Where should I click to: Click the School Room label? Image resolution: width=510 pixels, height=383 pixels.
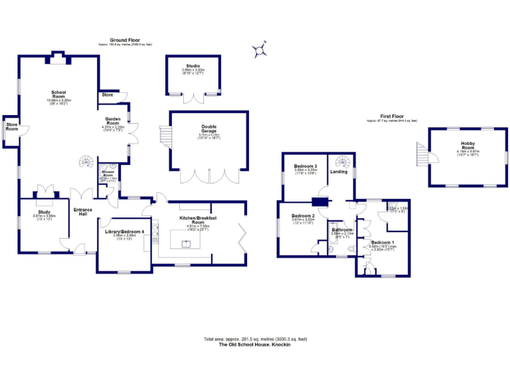(58, 93)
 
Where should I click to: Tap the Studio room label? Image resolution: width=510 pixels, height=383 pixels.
(193, 65)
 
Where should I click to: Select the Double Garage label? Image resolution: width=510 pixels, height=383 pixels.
(209, 128)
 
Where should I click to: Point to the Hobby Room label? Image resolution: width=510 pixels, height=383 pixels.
(467, 144)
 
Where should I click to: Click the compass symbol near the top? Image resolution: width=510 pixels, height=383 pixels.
(260, 49)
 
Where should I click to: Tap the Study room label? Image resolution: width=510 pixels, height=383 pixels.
(44, 212)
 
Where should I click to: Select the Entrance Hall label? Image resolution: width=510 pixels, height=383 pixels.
(83, 212)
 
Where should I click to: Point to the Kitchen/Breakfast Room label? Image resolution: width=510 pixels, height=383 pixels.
(197, 220)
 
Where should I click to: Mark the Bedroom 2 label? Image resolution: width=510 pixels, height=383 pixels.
(303, 215)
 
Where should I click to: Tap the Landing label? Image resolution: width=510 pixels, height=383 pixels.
(339, 172)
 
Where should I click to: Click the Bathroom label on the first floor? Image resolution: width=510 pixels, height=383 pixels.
(343, 229)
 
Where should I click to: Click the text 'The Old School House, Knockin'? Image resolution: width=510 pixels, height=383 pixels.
(256, 344)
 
